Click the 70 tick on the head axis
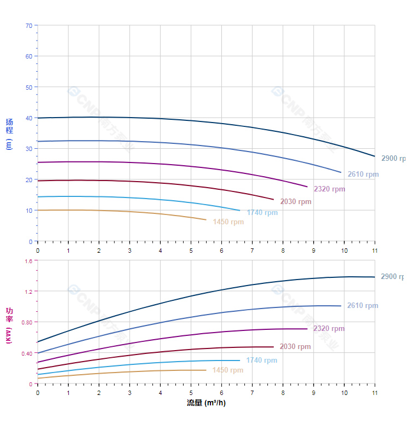28,25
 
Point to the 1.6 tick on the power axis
28,261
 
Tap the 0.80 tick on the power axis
27,322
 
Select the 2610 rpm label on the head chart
363,175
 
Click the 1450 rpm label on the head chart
228,222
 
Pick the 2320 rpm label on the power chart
329,329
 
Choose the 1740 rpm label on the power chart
262,361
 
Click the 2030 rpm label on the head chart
296,202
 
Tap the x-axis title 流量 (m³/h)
206,403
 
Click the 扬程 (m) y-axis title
9,134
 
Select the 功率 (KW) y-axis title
9,325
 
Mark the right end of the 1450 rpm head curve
206,220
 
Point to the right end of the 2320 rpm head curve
307,187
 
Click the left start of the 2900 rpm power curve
38,342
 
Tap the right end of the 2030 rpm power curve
273,347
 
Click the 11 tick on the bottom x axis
374,392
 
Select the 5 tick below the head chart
191,250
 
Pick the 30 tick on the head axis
28,149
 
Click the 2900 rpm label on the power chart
392,277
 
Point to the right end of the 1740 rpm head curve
239,210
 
